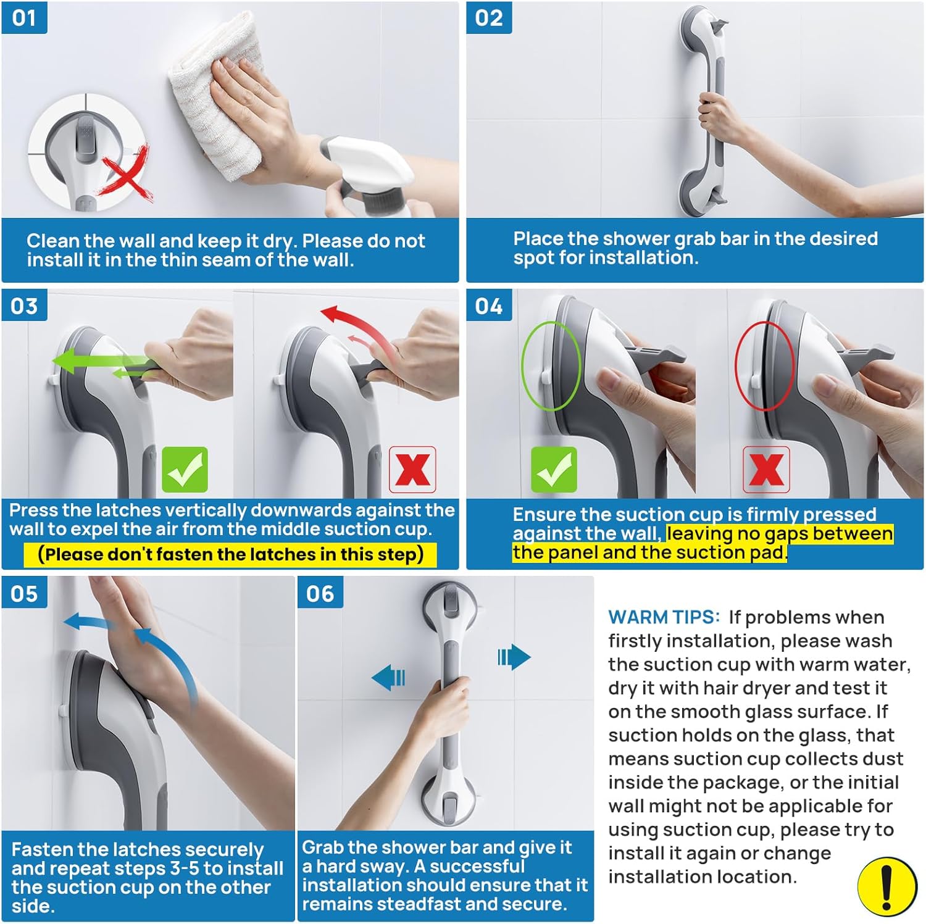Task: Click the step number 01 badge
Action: click(24, 17)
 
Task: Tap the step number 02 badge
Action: click(489, 17)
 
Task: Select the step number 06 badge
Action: click(320, 593)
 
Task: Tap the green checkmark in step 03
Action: click(185, 470)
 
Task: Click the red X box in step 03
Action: click(412, 470)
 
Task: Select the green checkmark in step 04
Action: click(554, 470)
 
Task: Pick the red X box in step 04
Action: click(766, 470)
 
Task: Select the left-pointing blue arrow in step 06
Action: click(389, 678)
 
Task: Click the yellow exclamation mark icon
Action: click(886, 887)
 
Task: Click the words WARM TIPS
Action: click(664, 617)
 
